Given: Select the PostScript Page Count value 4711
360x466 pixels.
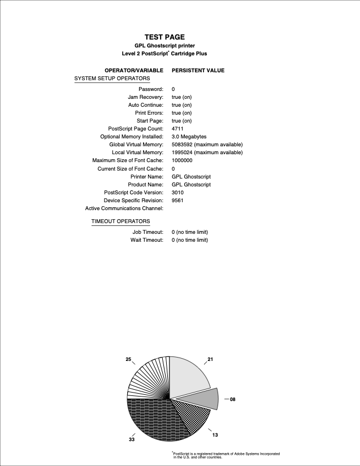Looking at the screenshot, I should pos(177,129).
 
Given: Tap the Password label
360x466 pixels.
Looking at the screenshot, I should pos(151,89).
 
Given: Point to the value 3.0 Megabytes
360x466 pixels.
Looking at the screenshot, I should pos(189,137).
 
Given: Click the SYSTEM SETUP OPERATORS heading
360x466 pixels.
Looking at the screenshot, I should pos(112,79).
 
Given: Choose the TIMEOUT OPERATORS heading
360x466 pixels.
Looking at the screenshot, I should pos(120,221).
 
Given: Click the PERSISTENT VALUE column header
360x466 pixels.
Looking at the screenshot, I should pos(198,71).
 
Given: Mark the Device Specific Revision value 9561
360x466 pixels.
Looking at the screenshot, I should pos(177,201).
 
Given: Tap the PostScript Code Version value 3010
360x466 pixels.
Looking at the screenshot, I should pos(177,193).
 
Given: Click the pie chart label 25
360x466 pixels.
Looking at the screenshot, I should pos(128,359).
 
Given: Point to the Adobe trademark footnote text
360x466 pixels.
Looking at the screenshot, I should pos(226,455).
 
